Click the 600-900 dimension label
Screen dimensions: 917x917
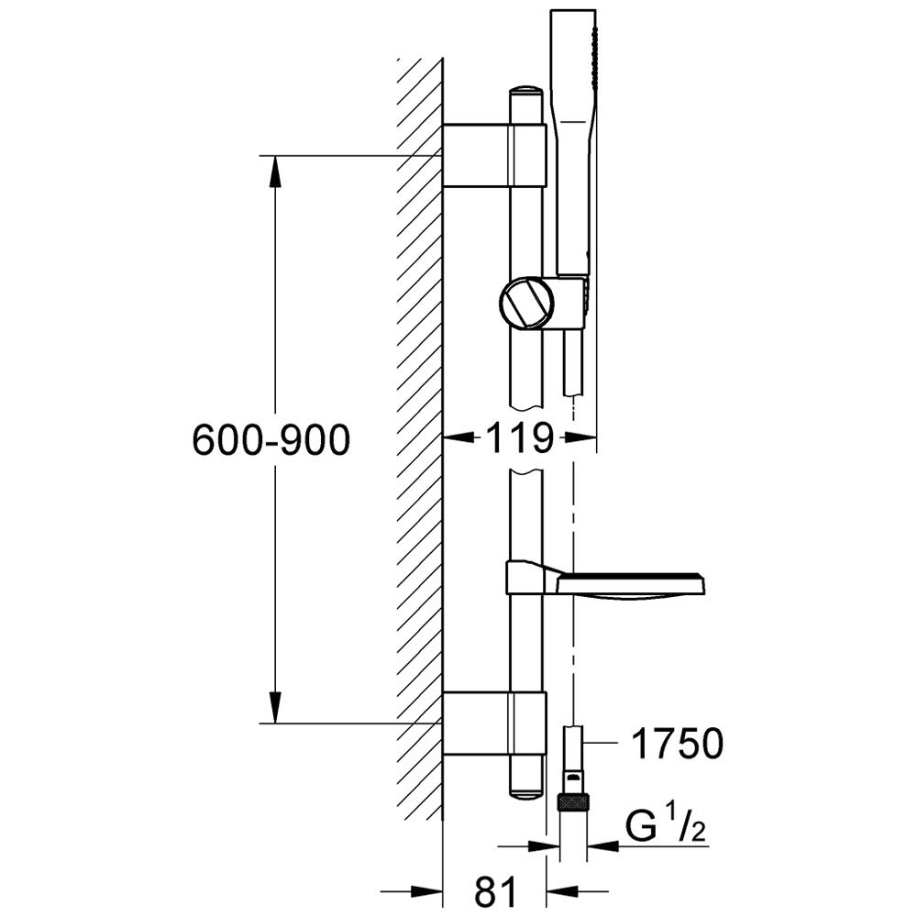pyautogui.click(x=271, y=440)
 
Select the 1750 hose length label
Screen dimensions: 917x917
pyautogui.click(x=678, y=744)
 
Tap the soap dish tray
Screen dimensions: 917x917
pyautogui.click(x=631, y=585)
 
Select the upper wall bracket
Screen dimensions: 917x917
pyautogui.click(x=495, y=155)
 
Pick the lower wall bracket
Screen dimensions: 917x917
pyautogui.click(x=495, y=723)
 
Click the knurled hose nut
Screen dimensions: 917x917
pyautogui.click(x=572, y=802)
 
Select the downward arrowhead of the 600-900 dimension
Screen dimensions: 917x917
pyautogui.click(x=275, y=707)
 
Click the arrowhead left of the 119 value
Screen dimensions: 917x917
pyautogui.click(x=458, y=436)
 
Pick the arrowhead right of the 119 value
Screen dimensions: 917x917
pyautogui.click(x=580, y=436)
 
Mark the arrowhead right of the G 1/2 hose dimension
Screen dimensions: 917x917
pyautogui.click(x=602, y=845)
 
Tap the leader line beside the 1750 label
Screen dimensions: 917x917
pyautogui.click(x=602, y=743)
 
